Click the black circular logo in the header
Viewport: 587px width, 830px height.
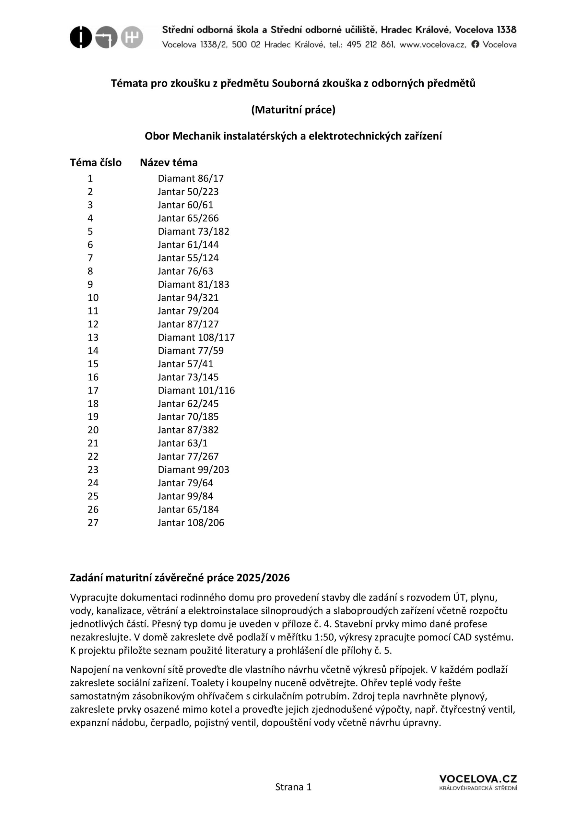click(x=81, y=37)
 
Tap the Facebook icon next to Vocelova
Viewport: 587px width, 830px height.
click(x=475, y=44)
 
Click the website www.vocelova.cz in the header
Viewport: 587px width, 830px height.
click(x=432, y=45)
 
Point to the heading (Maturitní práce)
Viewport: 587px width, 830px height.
click(x=293, y=110)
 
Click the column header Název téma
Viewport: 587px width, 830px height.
click(x=169, y=163)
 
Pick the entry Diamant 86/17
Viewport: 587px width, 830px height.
click(x=191, y=179)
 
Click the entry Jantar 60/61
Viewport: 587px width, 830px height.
click(x=185, y=205)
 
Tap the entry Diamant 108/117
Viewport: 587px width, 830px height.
click(x=196, y=338)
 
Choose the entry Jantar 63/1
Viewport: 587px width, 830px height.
click(x=182, y=443)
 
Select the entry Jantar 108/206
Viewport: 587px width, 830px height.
click(x=191, y=523)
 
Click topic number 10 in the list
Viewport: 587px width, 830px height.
click(x=93, y=298)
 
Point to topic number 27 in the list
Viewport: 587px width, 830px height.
click(x=93, y=523)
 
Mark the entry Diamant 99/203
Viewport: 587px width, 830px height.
click(x=194, y=470)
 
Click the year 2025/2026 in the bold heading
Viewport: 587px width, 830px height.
click(x=263, y=578)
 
